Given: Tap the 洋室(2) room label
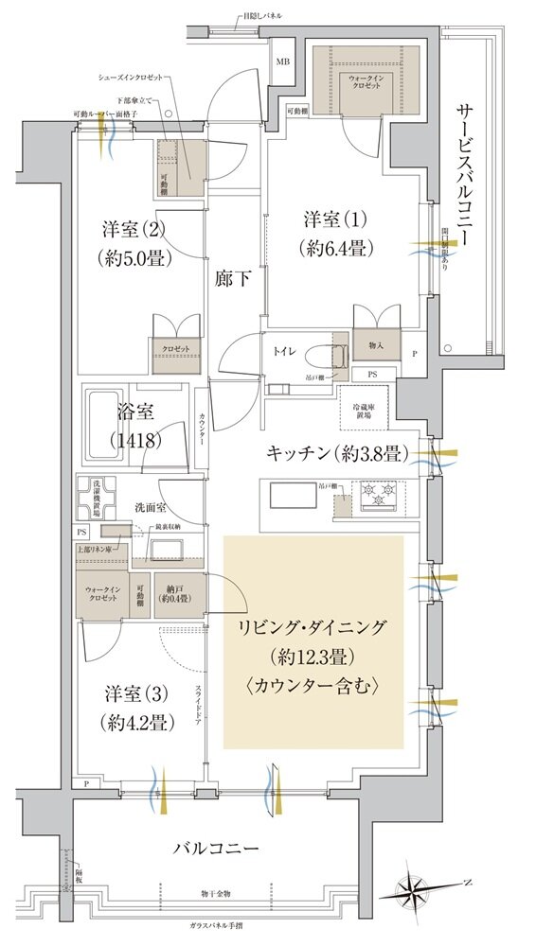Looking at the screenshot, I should click(x=130, y=242).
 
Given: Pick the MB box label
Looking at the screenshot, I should click(x=282, y=63).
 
